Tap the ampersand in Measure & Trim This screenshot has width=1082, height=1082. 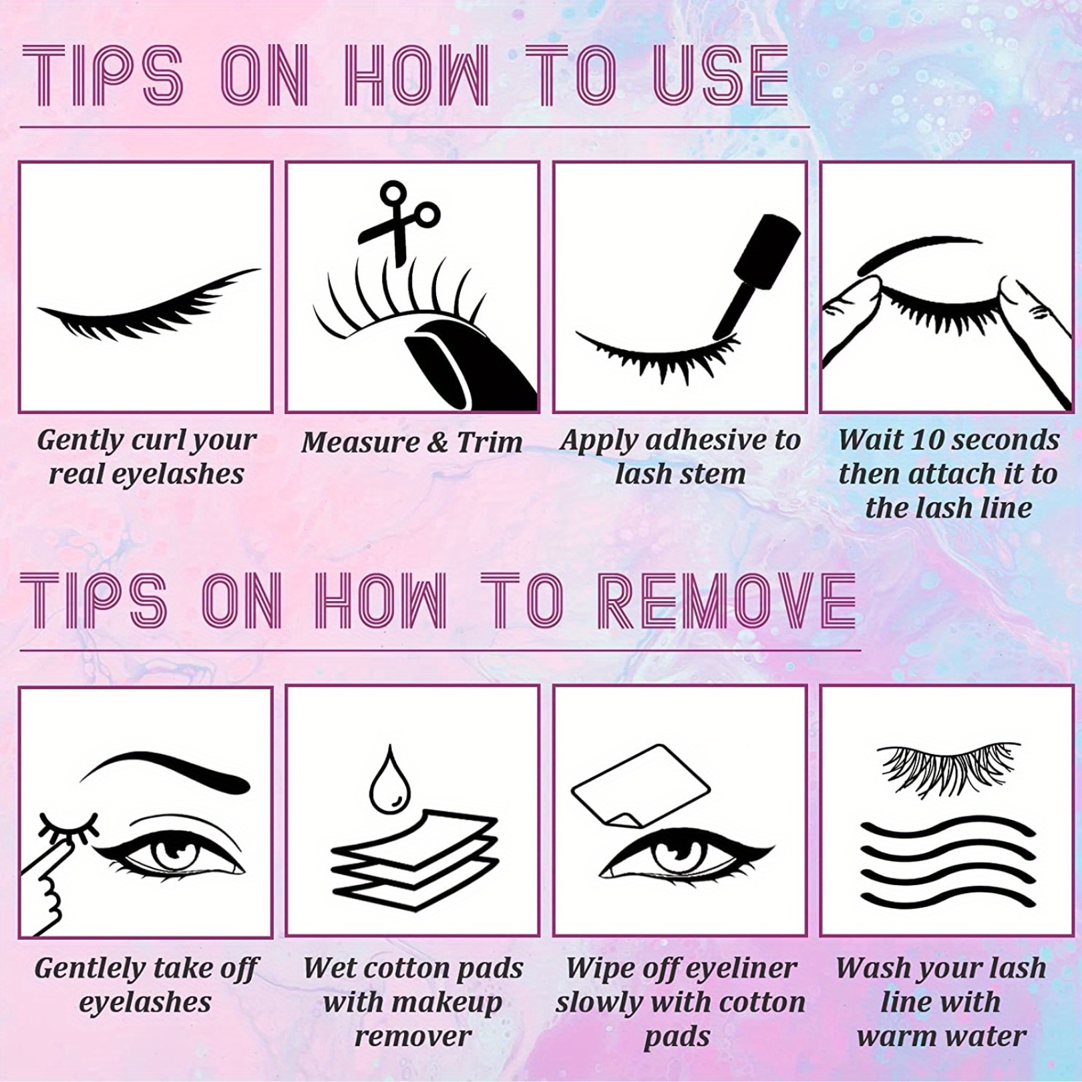click(437, 443)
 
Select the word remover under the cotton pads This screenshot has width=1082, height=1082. click(413, 1037)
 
